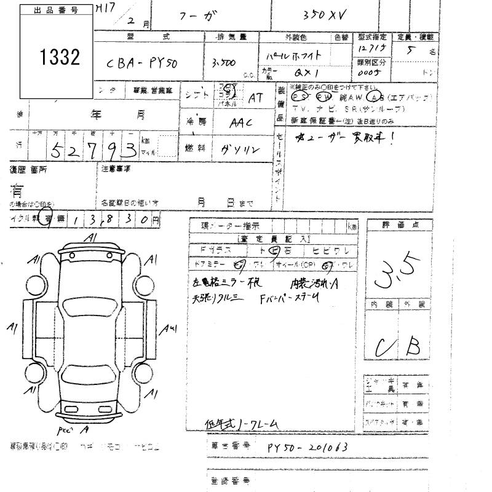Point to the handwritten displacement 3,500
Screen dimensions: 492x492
(221, 63)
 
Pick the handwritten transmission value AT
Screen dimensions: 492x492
(255, 97)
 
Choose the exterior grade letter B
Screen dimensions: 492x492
(412, 346)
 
